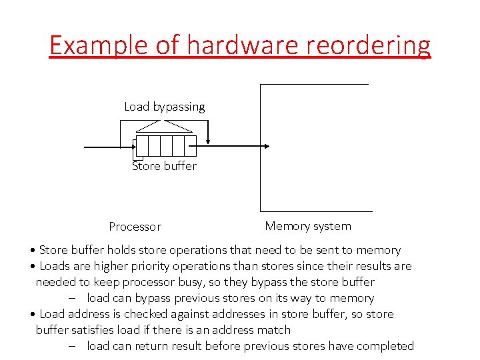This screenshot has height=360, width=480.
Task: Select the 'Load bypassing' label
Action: [165, 107]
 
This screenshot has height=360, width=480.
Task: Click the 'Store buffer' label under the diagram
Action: [165, 166]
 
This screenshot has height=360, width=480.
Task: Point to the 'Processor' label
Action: [135, 227]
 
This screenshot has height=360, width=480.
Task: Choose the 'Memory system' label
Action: [308, 226]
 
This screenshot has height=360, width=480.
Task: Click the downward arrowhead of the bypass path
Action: [209, 140]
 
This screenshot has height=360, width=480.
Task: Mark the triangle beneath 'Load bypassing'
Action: [165, 126]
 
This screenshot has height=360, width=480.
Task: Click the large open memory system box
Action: [313, 147]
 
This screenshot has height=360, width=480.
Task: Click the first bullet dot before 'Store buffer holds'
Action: [33, 251]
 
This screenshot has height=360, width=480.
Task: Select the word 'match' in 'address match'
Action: [274, 330]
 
